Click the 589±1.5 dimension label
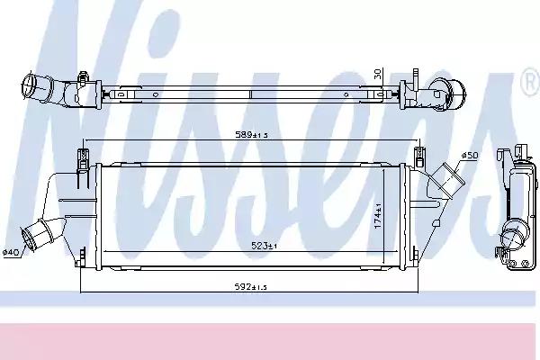(x=251, y=135)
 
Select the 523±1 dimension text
(x=264, y=246)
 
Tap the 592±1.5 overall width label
(x=251, y=287)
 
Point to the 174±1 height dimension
(x=378, y=216)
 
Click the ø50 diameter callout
(x=470, y=156)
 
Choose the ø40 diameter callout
(x=10, y=253)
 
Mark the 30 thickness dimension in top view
(x=378, y=74)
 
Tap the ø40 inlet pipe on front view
(x=41, y=234)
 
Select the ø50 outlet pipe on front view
(x=446, y=180)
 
